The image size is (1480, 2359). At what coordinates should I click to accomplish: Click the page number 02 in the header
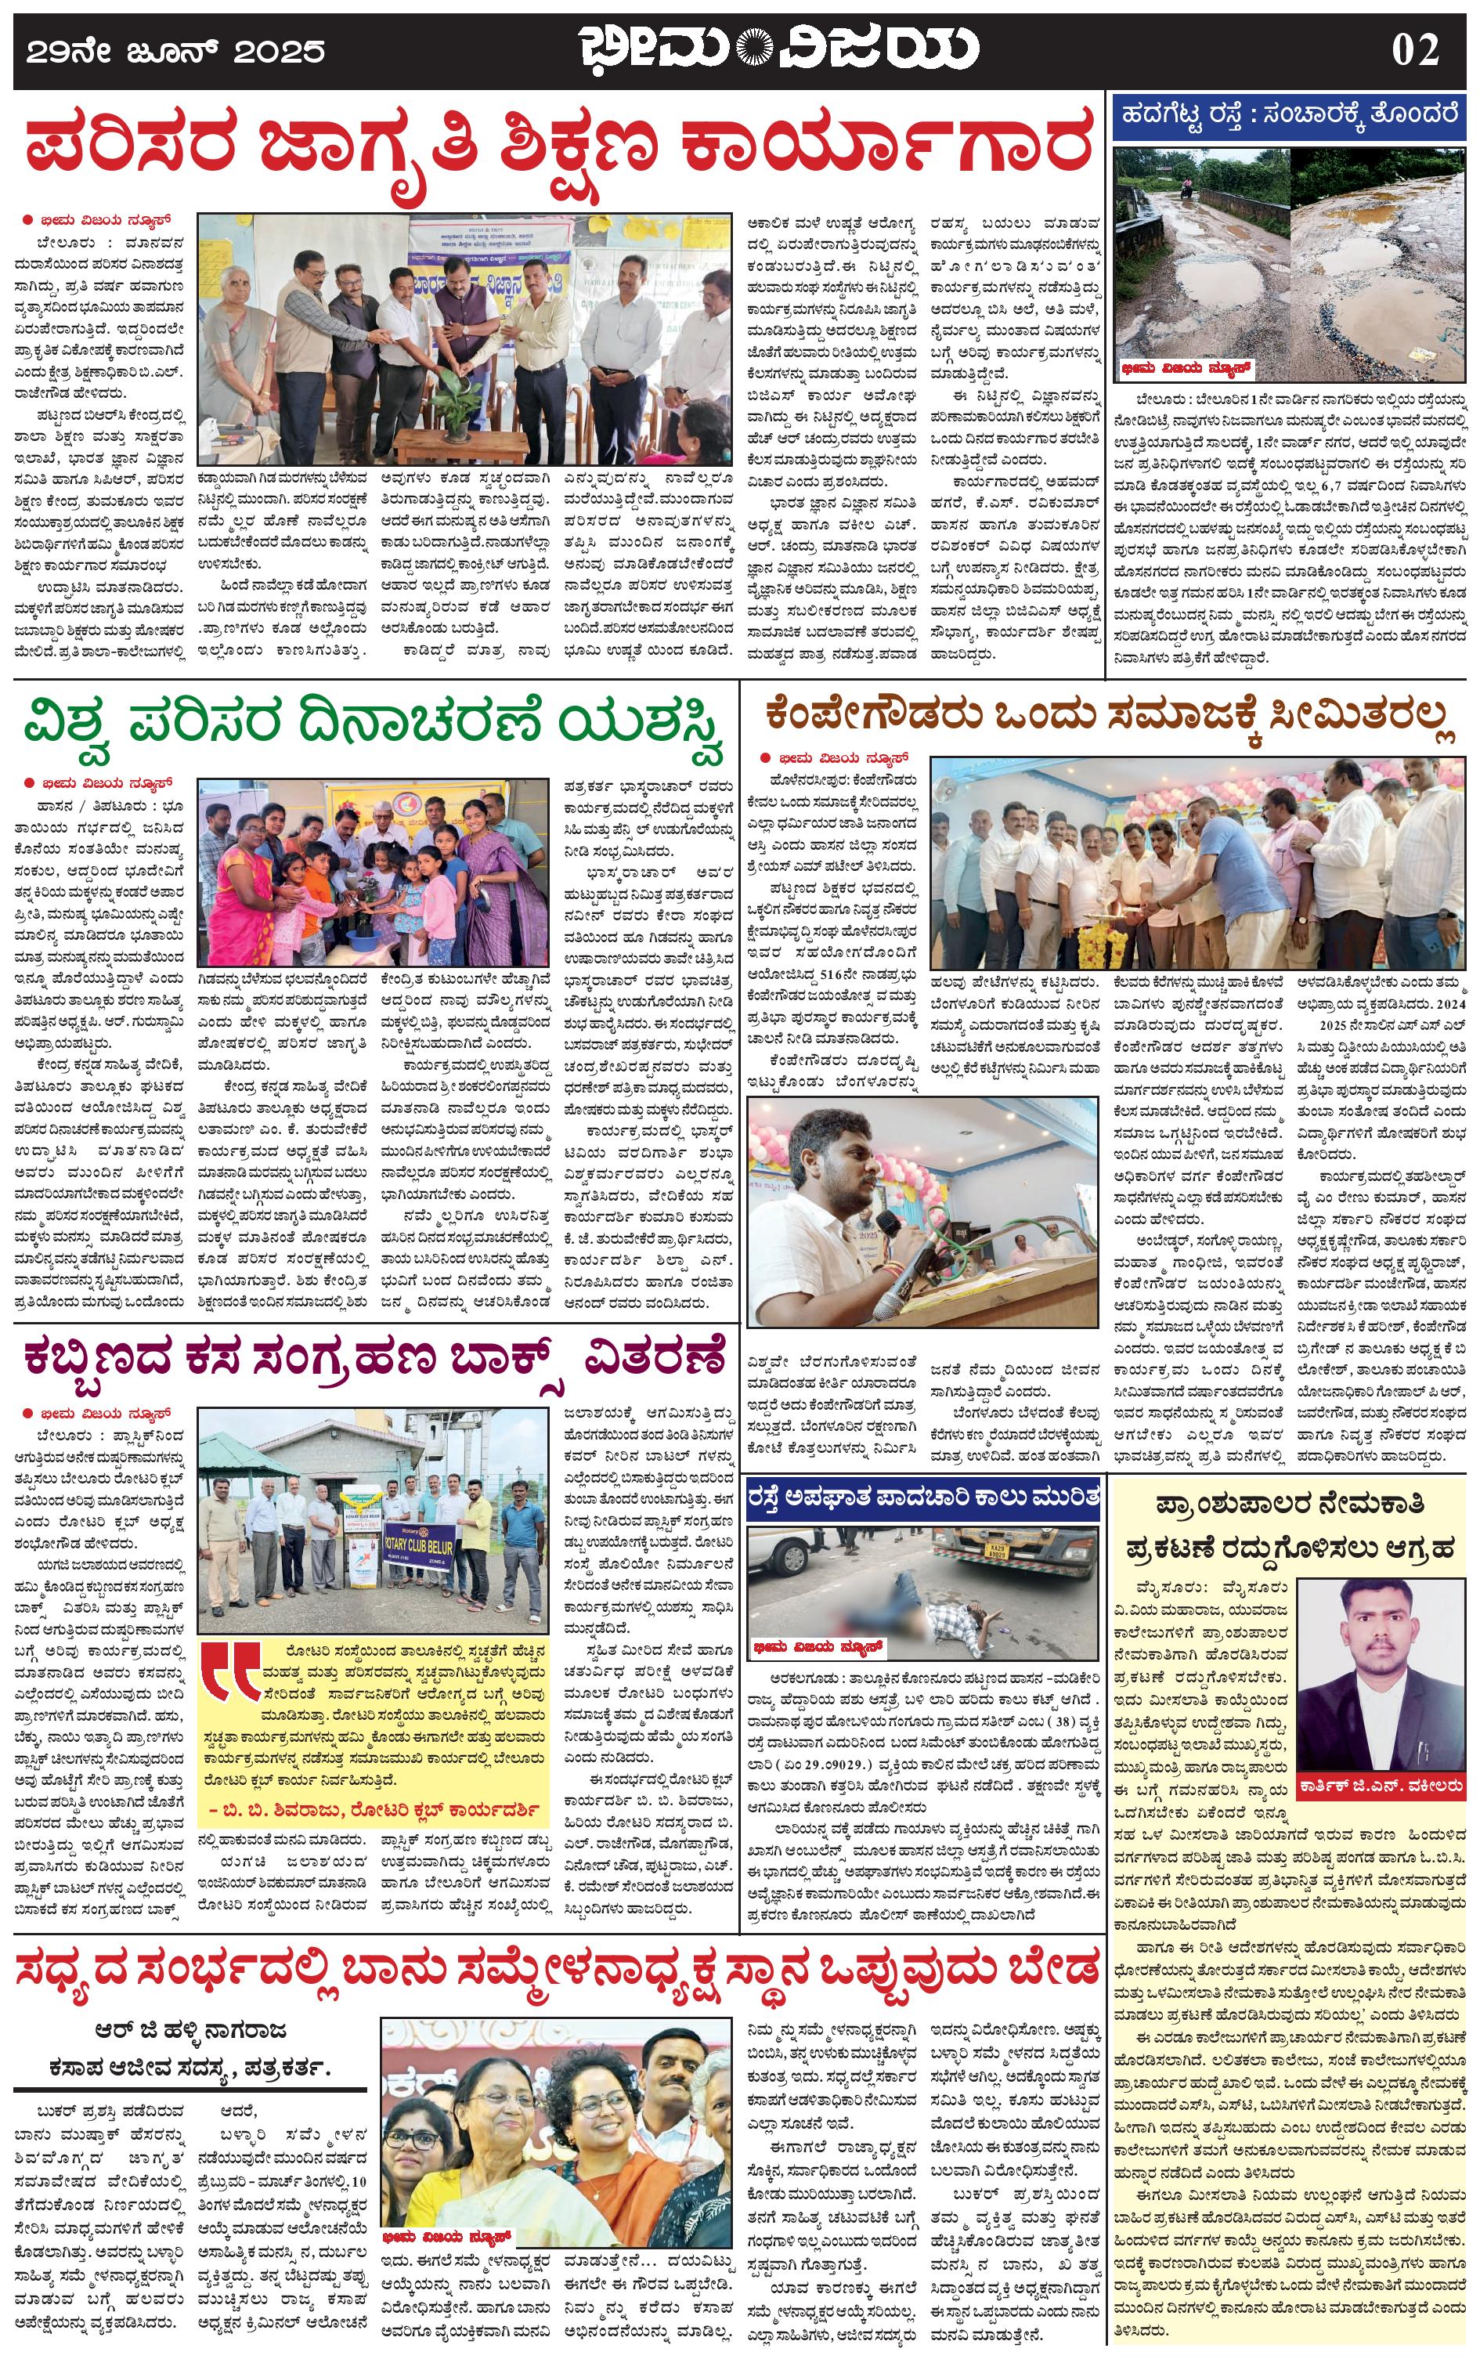tap(1416, 49)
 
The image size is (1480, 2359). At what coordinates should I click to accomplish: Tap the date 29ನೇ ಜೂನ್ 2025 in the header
tap(175, 51)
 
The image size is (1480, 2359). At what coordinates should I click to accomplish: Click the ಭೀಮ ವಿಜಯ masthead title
tap(778, 49)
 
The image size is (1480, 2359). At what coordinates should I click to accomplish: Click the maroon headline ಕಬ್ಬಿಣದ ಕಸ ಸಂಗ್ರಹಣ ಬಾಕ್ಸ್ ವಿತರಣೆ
tap(375, 1359)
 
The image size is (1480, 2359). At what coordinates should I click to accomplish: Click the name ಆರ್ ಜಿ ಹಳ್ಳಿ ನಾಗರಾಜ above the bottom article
tap(191, 2029)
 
